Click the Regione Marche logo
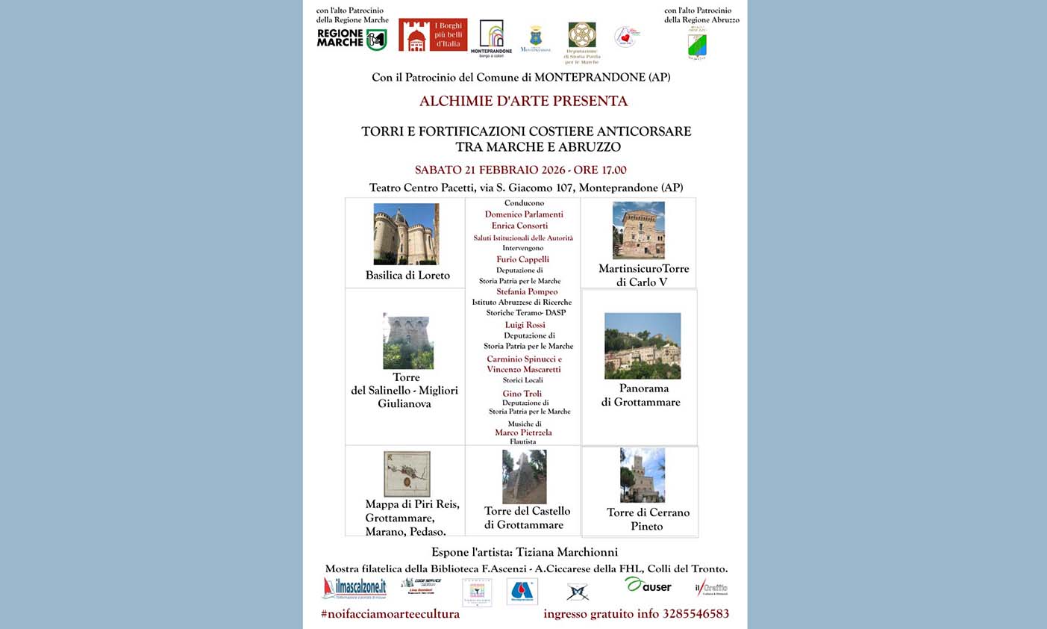351,39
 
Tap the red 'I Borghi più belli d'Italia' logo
433,35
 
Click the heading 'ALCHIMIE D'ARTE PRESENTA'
523,102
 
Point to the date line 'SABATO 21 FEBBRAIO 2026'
520,170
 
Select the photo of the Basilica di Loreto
406,234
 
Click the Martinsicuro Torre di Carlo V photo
638,230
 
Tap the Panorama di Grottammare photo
642,346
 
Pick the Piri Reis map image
407,474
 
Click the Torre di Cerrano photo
642,475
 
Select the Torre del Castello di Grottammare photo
524,477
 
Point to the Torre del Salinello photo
407,341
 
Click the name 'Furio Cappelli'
522,260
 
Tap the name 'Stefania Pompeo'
527,292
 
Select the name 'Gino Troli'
522,394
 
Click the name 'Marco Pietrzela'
523,433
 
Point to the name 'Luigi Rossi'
525,325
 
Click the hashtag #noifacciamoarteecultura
390,614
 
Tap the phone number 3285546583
696,614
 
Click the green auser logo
648,586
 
